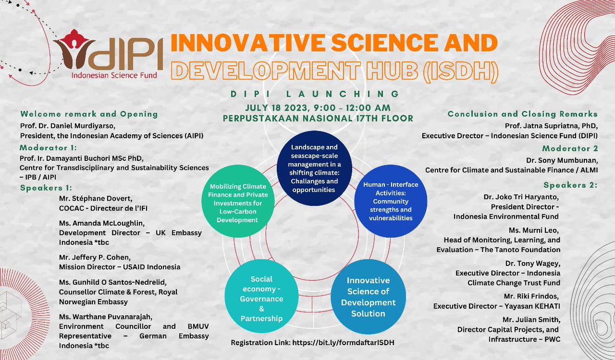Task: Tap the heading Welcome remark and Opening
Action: tap(89, 114)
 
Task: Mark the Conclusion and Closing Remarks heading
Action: tap(523, 114)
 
